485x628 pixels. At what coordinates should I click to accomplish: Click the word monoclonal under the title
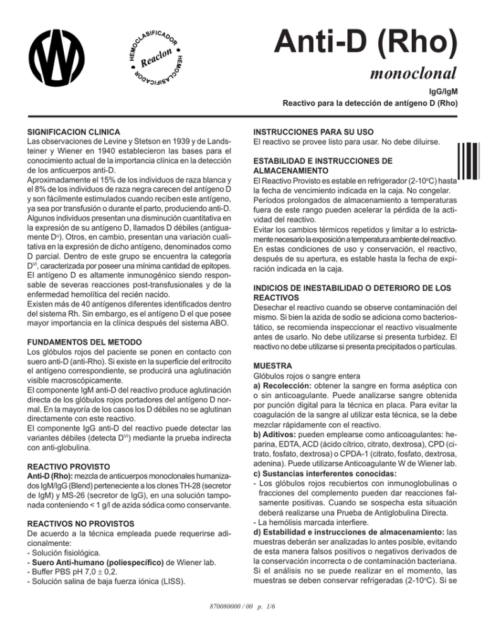tap(408, 68)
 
